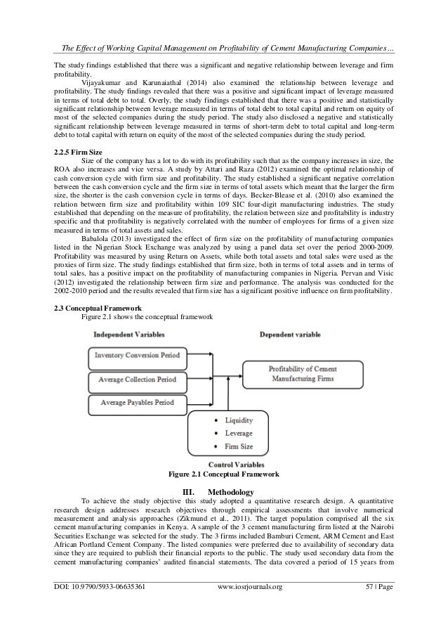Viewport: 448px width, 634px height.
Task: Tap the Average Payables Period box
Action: point(138,403)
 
